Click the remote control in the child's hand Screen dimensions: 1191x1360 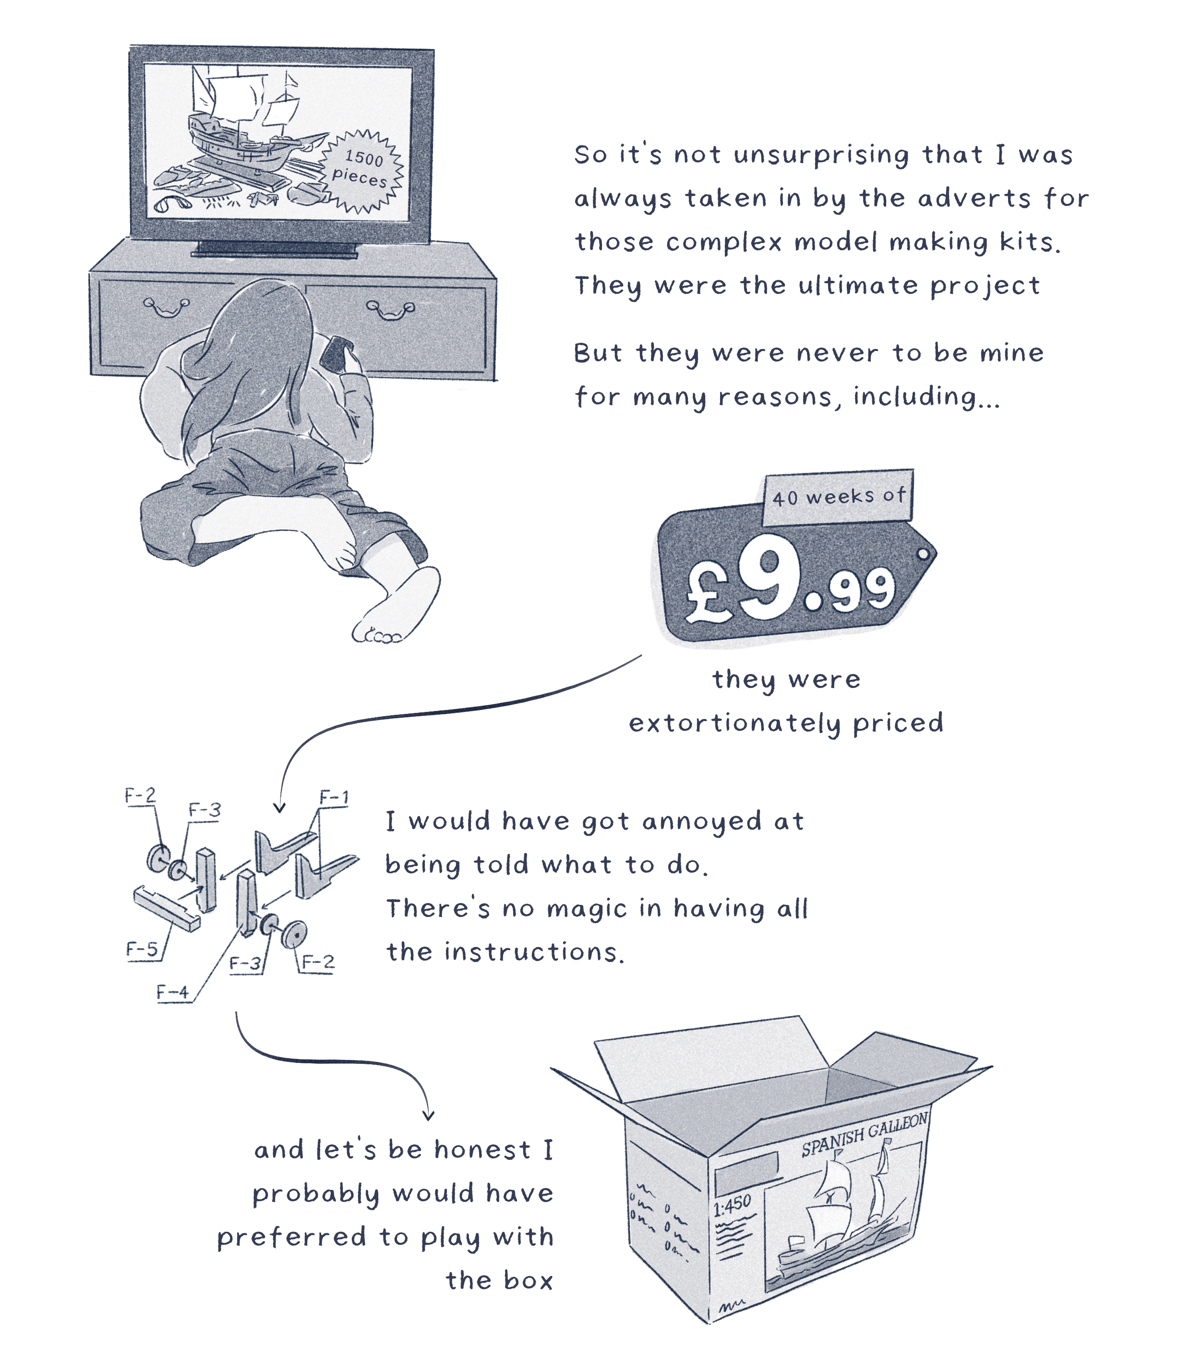coord(337,354)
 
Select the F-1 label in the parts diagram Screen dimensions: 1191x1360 coord(334,797)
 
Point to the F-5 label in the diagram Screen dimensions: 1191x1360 coord(142,949)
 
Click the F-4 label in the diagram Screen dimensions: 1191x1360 coord(173,992)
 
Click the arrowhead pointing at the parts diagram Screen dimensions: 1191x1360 coord(280,807)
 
